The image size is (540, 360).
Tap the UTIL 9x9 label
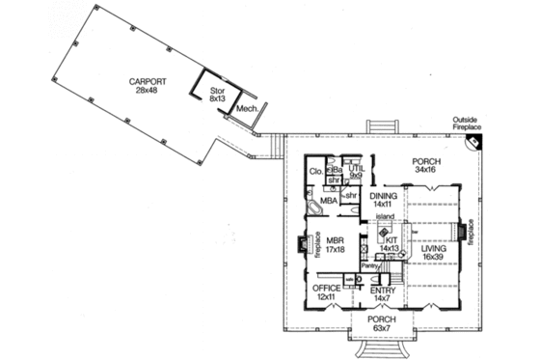357,172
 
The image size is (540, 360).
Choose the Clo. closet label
315,173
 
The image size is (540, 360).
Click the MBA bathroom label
329,201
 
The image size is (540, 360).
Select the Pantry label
368,264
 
